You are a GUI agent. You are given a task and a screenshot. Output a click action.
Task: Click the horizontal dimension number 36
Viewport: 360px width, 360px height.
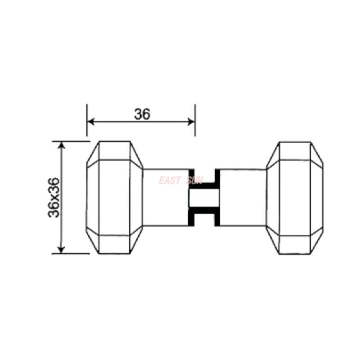(x=142, y=114)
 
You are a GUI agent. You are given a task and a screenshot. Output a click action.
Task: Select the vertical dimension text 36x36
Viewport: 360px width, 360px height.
(x=54, y=198)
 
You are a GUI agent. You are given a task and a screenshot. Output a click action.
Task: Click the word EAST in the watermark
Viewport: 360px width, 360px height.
(x=169, y=181)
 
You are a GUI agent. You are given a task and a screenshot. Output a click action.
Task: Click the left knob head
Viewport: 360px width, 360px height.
(x=115, y=198)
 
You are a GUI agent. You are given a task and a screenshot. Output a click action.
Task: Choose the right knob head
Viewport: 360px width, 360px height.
(x=295, y=198)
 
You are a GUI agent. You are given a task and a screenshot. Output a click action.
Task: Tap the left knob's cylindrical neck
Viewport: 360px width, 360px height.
(x=165, y=198)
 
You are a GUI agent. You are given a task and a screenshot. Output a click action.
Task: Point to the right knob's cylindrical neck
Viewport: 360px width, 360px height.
(x=243, y=198)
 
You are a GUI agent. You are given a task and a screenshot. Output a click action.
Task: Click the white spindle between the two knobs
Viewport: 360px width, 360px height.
(x=204, y=198)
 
